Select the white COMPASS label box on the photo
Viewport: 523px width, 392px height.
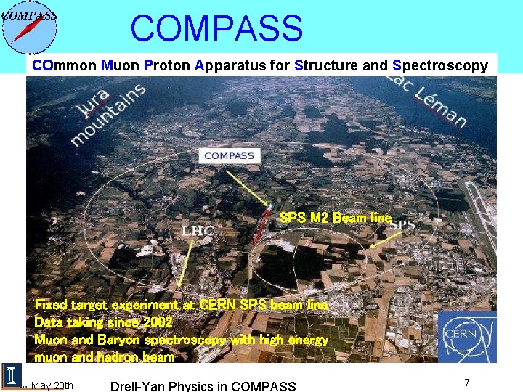coord(229,155)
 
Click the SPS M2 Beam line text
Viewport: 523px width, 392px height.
coord(335,218)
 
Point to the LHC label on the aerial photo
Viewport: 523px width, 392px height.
coord(198,232)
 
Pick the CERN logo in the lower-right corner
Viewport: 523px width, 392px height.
coord(467,336)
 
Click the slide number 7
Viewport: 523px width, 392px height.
coord(467,382)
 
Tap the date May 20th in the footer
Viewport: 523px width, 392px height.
coord(52,385)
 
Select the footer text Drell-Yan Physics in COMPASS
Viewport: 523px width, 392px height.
coord(203,385)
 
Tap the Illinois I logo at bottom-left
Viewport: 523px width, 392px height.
coord(12,375)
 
